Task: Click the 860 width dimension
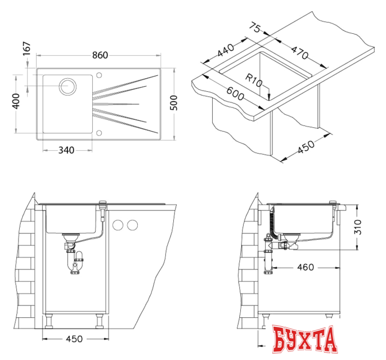pos(100,55)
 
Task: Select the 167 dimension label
pos(26,48)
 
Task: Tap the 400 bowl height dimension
pos(16,101)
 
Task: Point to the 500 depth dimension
pos(174,102)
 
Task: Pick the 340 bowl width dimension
pos(66,150)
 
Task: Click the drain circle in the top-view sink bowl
pos(68,87)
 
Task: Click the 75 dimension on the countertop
pos(255,28)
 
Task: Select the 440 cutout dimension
pos(226,50)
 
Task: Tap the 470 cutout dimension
pos(299,52)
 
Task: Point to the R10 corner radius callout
pos(254,80)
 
